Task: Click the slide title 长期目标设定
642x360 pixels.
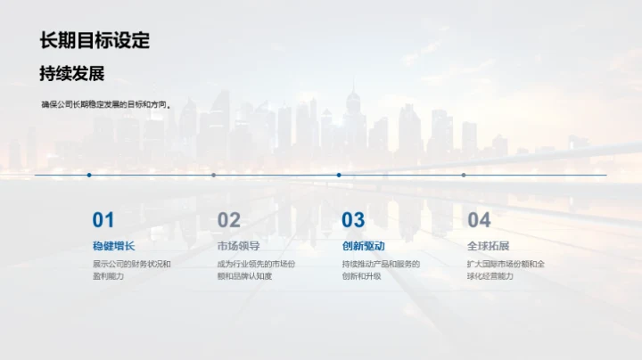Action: pyautogui.click(x=95, y=40)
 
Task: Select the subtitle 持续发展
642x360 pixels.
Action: pyautogui.click(x=71, y=74)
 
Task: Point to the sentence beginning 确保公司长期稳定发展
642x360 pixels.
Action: pyautogui.click(x=105, y=104)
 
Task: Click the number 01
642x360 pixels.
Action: pyautogui.click(x=103, y=220)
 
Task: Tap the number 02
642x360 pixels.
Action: pyautogui.click(x=229, y=220)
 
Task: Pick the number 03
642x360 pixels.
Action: pyautogui.click(x=354, y=220)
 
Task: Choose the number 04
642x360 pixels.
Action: pyautogui.click(x=479, y=220)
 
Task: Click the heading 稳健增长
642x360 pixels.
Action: pyautogui.click(x=113, y=246)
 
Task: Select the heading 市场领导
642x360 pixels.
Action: pyautogui.click(x=238, y=246)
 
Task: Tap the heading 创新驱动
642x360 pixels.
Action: pyautogui.click(x=363, y=246)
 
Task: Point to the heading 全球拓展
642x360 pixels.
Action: pyautogui.click(x=488, y=246)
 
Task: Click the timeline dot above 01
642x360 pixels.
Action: pyautogui.click(x=89, y=175)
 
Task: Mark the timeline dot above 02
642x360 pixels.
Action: pyautogui.click(x=214, y=175)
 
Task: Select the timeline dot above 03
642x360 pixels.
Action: pyautogui.click(x=339, y=175)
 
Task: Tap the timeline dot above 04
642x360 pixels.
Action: pyautogui.click(x=464, y=175)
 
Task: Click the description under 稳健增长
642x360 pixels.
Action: pyautogui.click(x=131, y=270)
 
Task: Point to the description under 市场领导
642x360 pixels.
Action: pyautogui.click(x=256, y=270)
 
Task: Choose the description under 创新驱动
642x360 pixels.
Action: pyautogui.click(x=381, y=270)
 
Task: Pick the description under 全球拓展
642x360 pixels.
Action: pyautogui.click(x=506, y=270)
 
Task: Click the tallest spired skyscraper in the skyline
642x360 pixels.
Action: pyautogui.click(x=353, y=116)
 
